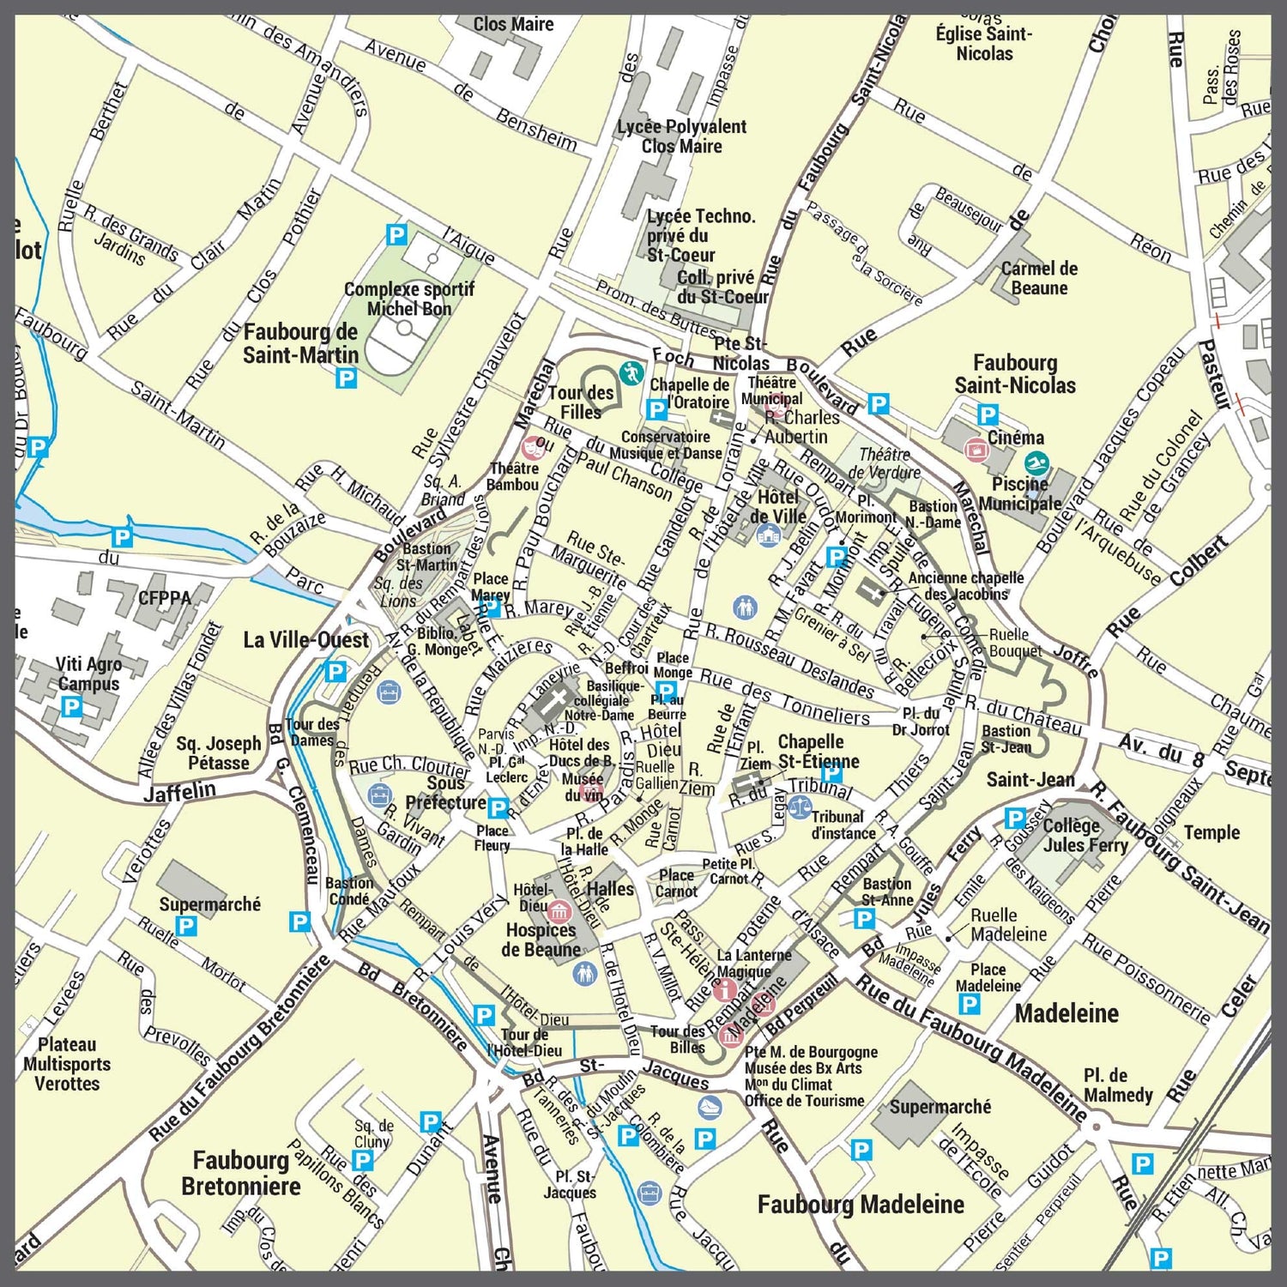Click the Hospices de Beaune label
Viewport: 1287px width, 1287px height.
pos(541,940)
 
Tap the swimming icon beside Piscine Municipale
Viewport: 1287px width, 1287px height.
pos(1036,464)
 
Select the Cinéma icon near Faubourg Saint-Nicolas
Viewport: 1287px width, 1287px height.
pos(976,448)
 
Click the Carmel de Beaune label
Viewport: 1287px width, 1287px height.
pos(1039,279)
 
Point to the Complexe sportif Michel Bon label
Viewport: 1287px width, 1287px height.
pos(408,299)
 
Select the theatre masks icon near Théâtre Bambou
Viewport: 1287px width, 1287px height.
pos(534,446)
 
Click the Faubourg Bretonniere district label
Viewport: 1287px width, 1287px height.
pos(241,1174)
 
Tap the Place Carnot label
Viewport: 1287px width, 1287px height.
pos(676,883)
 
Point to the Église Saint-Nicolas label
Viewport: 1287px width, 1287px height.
pos(984,43)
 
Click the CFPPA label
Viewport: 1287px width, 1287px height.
pos(165,597)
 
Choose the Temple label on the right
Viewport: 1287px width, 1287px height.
pos(1211,832)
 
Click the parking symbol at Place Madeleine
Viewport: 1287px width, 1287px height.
pos(969,1004)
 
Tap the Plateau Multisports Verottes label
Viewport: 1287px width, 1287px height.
pos(67,1064)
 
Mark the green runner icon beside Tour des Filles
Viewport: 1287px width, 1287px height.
pos(631,373)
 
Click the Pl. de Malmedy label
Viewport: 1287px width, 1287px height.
pos(1118,1085)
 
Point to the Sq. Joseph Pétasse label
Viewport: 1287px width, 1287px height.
pos(219,753)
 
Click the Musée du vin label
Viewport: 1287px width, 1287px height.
pos(583,787)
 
